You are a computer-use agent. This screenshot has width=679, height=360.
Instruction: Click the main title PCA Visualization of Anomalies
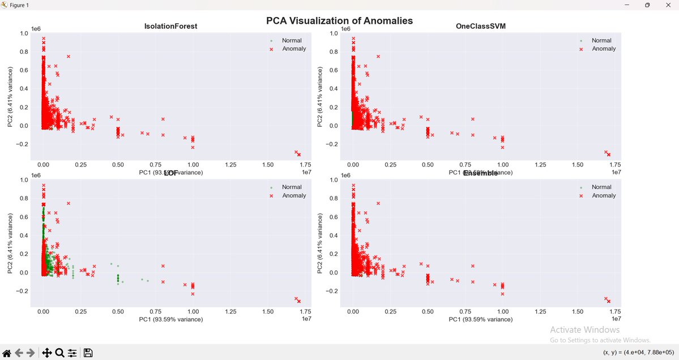tap(339, 21)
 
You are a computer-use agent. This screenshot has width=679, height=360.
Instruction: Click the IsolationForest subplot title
tap(170, 27)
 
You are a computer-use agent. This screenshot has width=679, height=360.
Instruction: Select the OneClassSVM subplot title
tap(481, 27)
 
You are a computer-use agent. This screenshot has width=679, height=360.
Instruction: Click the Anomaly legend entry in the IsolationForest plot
tap(293, 49)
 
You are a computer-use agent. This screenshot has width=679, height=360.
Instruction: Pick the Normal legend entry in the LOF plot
tap(292, 187)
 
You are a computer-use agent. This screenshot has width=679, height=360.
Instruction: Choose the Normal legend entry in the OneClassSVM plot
tap(601, 41)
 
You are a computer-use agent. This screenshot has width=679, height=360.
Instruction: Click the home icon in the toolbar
tap(7, 353)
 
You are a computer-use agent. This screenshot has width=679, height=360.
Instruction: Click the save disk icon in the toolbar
tap(88, 353)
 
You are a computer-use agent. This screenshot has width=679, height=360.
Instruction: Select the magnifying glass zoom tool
tap(59, 353)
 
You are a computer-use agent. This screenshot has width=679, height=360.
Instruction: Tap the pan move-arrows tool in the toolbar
tap(47, 353)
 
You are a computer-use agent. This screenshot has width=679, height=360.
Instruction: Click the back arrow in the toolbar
tap(19, 353)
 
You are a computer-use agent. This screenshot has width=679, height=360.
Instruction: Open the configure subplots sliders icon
tap(72, 353)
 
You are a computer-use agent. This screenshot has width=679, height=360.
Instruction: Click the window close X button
tap(667, 5)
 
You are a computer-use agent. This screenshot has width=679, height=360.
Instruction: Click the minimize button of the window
tap(627, 5)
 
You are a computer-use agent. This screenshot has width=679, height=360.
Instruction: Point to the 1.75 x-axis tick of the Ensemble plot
tap(614, 311)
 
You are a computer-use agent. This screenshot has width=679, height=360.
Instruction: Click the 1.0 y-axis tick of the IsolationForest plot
tap(23, 33)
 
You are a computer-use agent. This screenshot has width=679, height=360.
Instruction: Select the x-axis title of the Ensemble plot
tap(480, 320)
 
